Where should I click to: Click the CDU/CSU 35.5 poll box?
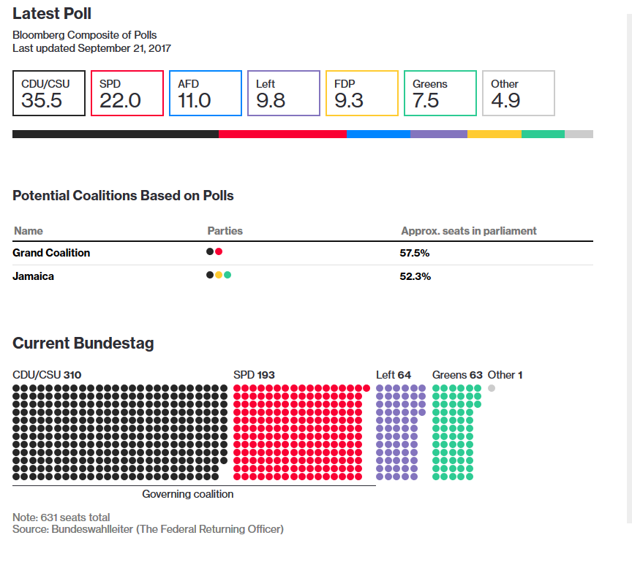click(49, 93)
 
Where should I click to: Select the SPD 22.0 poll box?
click(127, 93)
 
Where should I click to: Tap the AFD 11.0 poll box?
click(205, 93)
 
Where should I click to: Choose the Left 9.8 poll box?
click(283, 93)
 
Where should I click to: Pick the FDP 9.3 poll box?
click(361, 93)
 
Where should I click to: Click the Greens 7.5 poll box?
click(440, 93)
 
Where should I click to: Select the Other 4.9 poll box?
click(518, 93)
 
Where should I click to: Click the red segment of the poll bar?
click(282, 134)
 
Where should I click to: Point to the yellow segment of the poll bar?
click(494, 134)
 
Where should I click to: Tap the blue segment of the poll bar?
click(378, 134)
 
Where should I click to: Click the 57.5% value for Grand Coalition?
click(415, 253)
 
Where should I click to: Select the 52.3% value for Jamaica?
click(415, 276)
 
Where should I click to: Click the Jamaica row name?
click(34, 276)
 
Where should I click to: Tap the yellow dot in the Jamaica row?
click(219, 276)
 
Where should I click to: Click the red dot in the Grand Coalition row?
click(219, 252)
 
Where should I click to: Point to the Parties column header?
click(225, 231)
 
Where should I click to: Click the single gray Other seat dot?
click(492, 388)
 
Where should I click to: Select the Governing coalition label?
click(188, 494)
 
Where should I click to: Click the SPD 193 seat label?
click(254, 375)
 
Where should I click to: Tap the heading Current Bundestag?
click(83, 344)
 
